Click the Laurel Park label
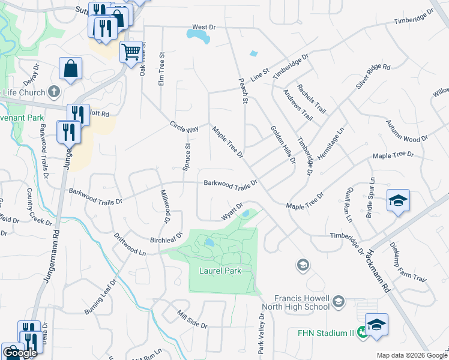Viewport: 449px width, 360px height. pyautogui.click(x=220, y=271)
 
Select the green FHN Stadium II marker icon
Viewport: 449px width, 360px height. pyautogui.click(x=362, y=332)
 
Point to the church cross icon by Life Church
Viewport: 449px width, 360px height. pyautogui.click(x=54, y=92)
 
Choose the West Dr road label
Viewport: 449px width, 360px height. pyautogui.click(x=203, y=28)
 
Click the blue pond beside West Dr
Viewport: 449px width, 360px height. pyautogui.click(x=198, y=37)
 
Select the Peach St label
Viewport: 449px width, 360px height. pyautogui.click(x=244, y=91)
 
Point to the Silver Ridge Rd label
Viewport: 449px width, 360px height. pyautogui.click(x=373, y=76)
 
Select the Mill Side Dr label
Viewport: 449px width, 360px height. pyautogui.click(x=192, y=319)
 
